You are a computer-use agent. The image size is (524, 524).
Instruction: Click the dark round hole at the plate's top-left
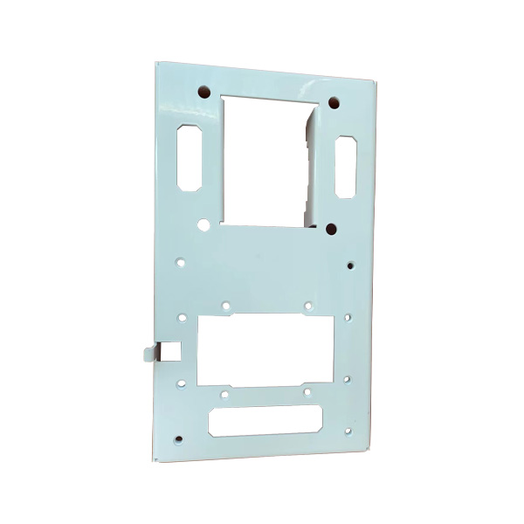click(x=203, y=90)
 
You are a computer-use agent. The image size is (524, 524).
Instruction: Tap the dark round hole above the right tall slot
click(x=334, y=103)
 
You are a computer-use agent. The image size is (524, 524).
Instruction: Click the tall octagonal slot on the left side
click(x=190, y=158)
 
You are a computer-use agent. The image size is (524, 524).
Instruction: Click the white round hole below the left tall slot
click(x=203, y=224)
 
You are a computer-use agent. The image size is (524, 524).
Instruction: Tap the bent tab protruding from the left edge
click(x=148, y=352)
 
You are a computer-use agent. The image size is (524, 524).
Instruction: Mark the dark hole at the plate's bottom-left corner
click(x=179, y=438)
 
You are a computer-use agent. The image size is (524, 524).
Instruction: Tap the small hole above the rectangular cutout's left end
click(x=225, y=306)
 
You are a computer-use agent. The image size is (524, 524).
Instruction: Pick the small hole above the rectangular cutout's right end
click(x=308, y=305)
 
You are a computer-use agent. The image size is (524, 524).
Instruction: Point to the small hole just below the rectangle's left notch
click(x=224, y=395)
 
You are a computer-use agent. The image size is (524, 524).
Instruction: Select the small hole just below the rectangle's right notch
click(x=307, y=393)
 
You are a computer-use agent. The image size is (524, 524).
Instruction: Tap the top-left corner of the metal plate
click(x=156, y=63)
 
